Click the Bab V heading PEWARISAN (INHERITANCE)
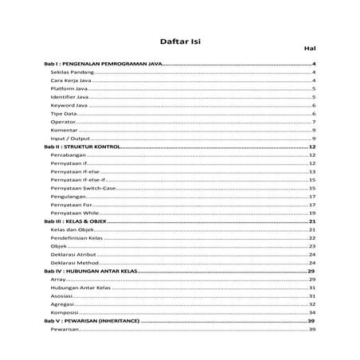click(x=92, y=321)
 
